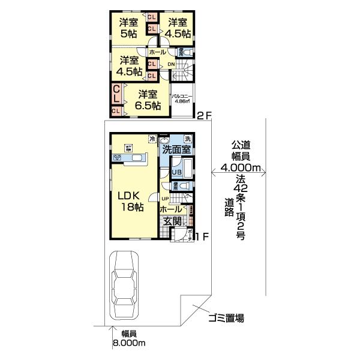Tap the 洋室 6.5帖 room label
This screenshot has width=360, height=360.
pyautogui.click(x=147, y=100)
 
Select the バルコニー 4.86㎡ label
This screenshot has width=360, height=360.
pyautogui.click(x=181, y=98)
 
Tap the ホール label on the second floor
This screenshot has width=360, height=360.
pyautogui.click(x=157, y=53)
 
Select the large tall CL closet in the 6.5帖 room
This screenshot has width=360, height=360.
pyautogui.click(x=116, y=94)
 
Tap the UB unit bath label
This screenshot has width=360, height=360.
pyautogui.click(x=177, y=172)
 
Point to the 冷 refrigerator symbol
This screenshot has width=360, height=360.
pyautogui.click(x=152, y=139)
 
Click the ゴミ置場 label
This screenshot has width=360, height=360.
pyautogui.click(x=226, y=318)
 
